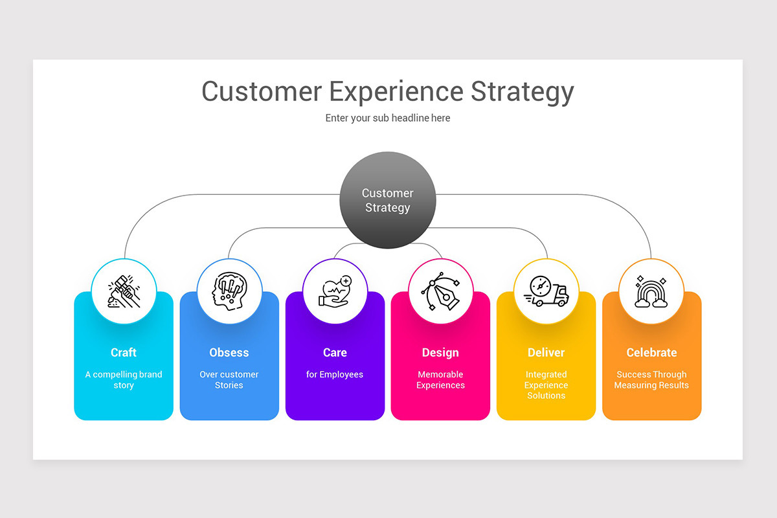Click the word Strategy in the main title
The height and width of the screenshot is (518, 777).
tap(522, 92)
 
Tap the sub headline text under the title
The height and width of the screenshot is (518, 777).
tap(388, 118)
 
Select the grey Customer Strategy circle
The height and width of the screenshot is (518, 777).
tap(388, 200)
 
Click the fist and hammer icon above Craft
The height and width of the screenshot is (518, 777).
tap(124, 291)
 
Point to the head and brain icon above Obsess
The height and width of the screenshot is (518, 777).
tap(229, 291)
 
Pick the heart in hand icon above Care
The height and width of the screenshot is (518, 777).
tap(335, 291)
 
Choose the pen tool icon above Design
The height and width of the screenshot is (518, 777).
tap(440, 291)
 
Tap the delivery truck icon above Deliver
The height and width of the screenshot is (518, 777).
tap(546, 291)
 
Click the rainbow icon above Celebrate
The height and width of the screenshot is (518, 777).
tap(651, 291)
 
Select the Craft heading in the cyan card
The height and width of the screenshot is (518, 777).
tap(124, 353)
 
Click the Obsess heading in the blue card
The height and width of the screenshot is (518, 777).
tap(229, 353)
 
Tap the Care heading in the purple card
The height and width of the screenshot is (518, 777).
tap(335, 353)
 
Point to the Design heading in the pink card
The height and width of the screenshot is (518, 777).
tap(440, 353)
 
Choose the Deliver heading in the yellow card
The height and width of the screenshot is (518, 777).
tap(546, 353)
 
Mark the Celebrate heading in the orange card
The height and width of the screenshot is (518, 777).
tap(651, 353)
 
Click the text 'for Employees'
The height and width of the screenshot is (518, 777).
tap(335, 375)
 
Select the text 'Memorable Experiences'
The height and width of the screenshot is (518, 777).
tap(440, 380)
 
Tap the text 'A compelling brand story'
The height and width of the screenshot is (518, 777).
tap(124, 380)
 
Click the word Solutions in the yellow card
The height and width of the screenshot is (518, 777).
tap(546, 396)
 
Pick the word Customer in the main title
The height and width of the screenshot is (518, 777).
tap(262, 92)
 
